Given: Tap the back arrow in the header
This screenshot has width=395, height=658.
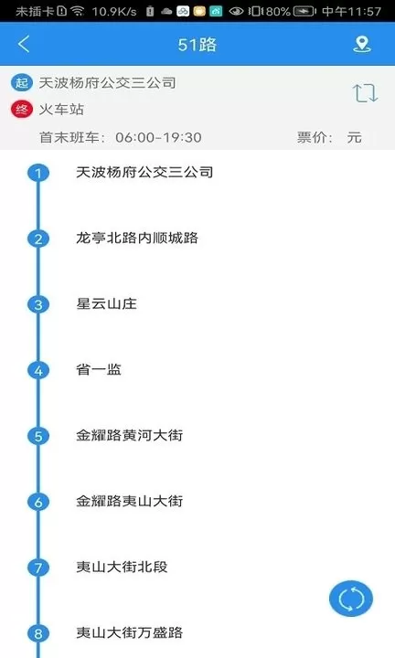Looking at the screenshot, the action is [24, 44].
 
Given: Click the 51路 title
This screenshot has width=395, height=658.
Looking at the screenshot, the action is [197, 45].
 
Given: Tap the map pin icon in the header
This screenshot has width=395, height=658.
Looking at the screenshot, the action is [362, 44].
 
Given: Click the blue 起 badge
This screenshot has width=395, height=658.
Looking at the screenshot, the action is [21, 82].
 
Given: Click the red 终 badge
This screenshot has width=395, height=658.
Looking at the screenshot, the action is [21, 110].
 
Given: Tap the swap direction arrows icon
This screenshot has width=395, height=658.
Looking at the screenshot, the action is [365, 93].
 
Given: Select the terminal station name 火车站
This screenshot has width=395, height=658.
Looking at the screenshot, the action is [61, 110].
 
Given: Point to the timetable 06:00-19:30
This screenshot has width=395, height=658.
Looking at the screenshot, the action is [158, 137].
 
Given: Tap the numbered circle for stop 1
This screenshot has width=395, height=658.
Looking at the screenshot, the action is [38, 173].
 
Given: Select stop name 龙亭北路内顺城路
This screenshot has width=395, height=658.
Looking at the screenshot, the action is [137, 238].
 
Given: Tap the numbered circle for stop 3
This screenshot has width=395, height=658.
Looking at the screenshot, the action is [38, 304].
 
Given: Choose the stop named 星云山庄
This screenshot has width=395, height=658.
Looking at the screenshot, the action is [107, 303].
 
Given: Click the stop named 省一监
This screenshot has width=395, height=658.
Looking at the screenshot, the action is [99, 369].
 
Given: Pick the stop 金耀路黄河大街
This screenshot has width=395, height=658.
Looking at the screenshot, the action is [129, 435].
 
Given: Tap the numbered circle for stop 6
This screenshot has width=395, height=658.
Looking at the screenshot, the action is [38, 502].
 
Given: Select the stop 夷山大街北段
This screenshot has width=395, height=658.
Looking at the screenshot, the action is [122, 567].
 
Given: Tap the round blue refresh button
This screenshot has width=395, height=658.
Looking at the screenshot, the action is [351, 599].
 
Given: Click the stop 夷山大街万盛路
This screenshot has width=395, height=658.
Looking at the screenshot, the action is [129, 632].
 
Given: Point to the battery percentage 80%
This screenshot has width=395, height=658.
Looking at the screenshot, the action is [277, 11].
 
